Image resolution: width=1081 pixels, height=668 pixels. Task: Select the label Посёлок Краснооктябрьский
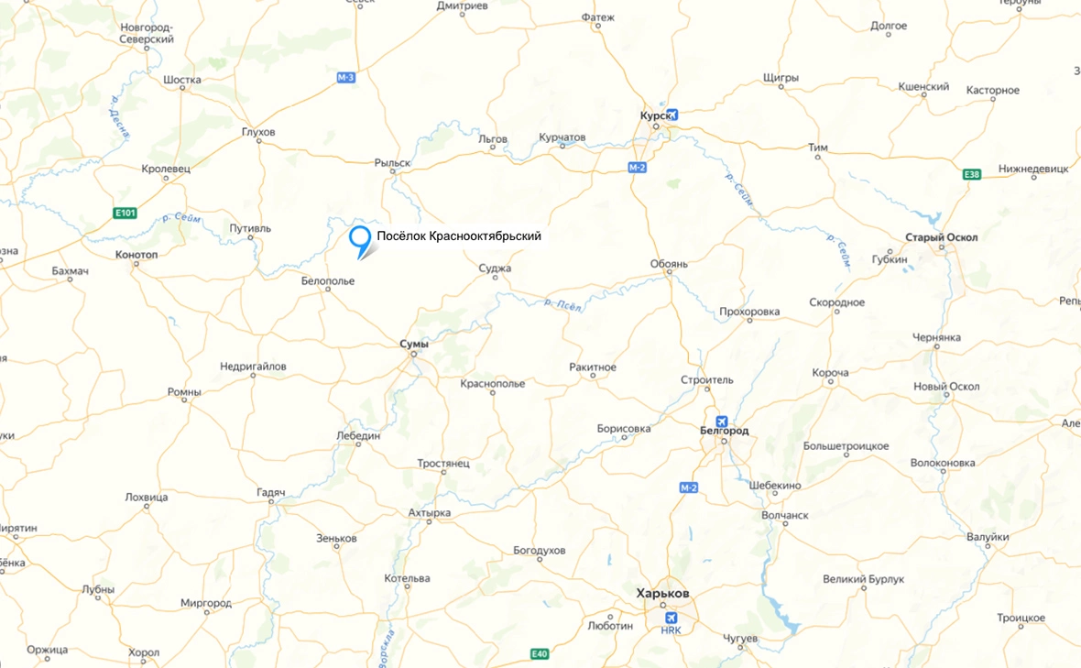[459, 236]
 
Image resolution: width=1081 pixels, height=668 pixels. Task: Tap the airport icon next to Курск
[674, 115]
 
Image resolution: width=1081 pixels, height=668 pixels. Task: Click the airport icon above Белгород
[722, 422]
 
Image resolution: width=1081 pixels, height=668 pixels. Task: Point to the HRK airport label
[672, 630]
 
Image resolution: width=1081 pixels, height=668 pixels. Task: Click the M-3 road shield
[345, 78]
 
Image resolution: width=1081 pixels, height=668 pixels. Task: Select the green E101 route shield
[126, 214]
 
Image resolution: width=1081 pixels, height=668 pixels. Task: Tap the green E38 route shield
[972, 174]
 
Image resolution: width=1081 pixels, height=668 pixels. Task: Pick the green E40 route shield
[540, 653]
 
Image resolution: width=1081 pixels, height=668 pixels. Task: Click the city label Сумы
[414, 344]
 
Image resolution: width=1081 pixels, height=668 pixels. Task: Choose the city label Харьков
[663, 594]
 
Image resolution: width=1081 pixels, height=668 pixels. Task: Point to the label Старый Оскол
[941, 237]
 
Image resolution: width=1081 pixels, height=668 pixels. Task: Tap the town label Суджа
[495, 268]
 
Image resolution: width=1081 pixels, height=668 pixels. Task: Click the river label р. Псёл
[563, 305]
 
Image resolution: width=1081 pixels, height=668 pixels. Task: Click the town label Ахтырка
[429, 513]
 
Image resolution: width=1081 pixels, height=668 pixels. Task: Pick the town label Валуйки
[988, 537]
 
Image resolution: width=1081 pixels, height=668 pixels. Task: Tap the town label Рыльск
[392, 162]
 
